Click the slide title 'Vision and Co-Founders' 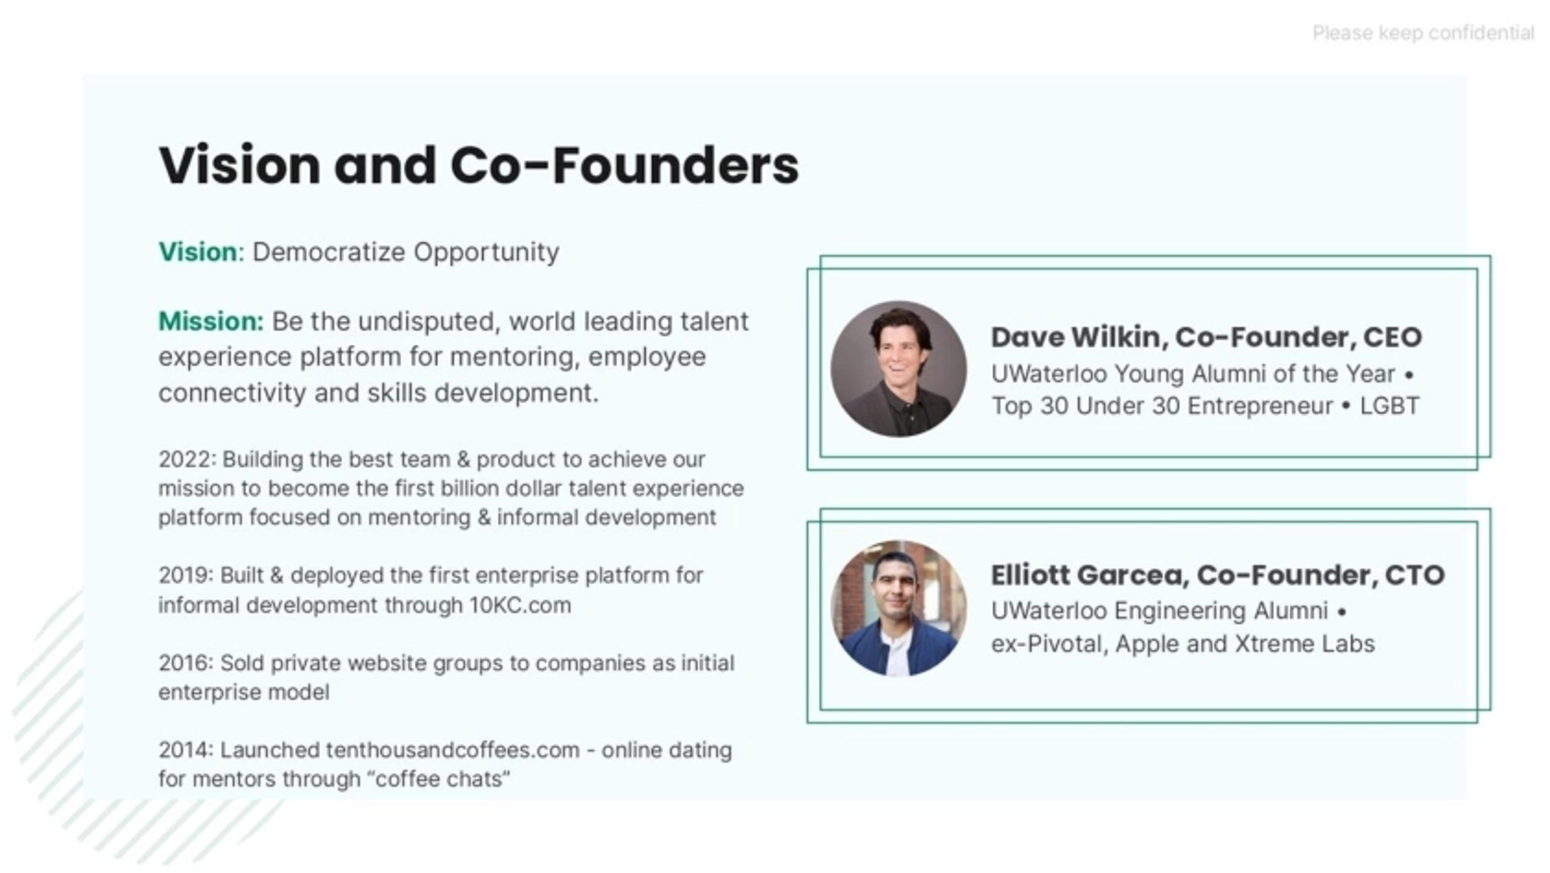(x=478, y=165)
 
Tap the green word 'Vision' (x=198, y=252)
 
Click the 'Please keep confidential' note (x=1422, y=33)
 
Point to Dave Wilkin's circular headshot (x=899, y=369)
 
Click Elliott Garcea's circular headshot (x=899, y=608)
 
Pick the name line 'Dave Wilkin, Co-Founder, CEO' (x=1206, y=337)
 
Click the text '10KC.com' (x=520, y=604)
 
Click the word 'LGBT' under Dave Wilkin (x=1389, y=406)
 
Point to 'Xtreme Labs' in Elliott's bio (x=1305, y=644)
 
